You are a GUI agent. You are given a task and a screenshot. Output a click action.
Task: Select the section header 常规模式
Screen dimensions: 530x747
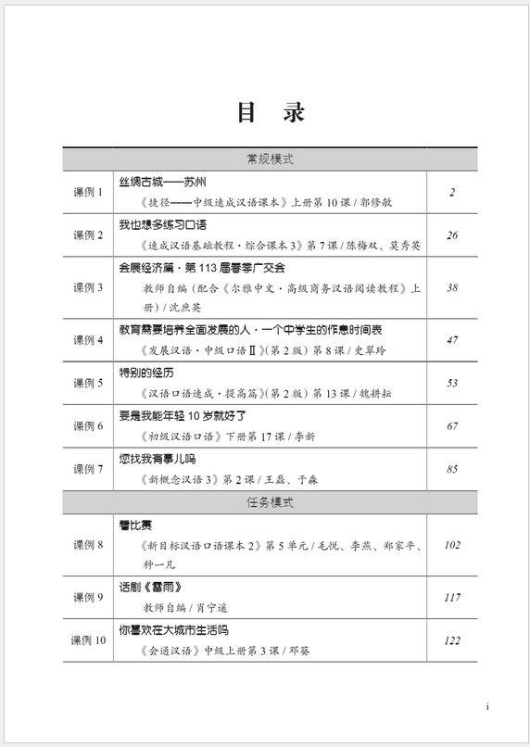click(x=270, y=159)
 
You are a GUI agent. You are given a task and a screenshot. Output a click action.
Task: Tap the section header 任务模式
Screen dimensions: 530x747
click(x=270, y=502)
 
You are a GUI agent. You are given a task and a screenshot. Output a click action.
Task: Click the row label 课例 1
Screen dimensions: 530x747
click(x=89, y=192)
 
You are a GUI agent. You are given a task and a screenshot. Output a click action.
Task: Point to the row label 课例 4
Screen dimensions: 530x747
click(x=89, y=340)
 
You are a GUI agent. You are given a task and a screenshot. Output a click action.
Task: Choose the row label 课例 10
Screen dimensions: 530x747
click(x=89, y=640)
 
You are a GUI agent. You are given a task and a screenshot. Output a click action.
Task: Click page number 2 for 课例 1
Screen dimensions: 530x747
click(x=452, y=192)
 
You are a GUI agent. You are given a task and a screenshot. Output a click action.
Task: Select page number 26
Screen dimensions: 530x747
click(x=452, y=235)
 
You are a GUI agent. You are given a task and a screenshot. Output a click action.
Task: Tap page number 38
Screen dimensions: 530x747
click(x=452, y=287)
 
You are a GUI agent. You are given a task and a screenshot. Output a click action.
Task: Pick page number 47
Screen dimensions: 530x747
click(x=452, y=340)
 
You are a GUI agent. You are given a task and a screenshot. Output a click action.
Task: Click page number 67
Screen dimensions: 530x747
click(x=452, y=425)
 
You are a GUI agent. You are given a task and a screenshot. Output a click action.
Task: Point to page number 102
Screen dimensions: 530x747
click(x=452, y=545)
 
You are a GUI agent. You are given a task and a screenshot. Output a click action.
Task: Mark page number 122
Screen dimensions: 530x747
click(x=452, y=640)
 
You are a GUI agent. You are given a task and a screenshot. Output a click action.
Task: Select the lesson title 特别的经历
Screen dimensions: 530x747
click(x=146, y=373)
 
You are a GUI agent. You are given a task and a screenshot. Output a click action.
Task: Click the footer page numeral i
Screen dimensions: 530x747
click(x=487, y=707)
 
